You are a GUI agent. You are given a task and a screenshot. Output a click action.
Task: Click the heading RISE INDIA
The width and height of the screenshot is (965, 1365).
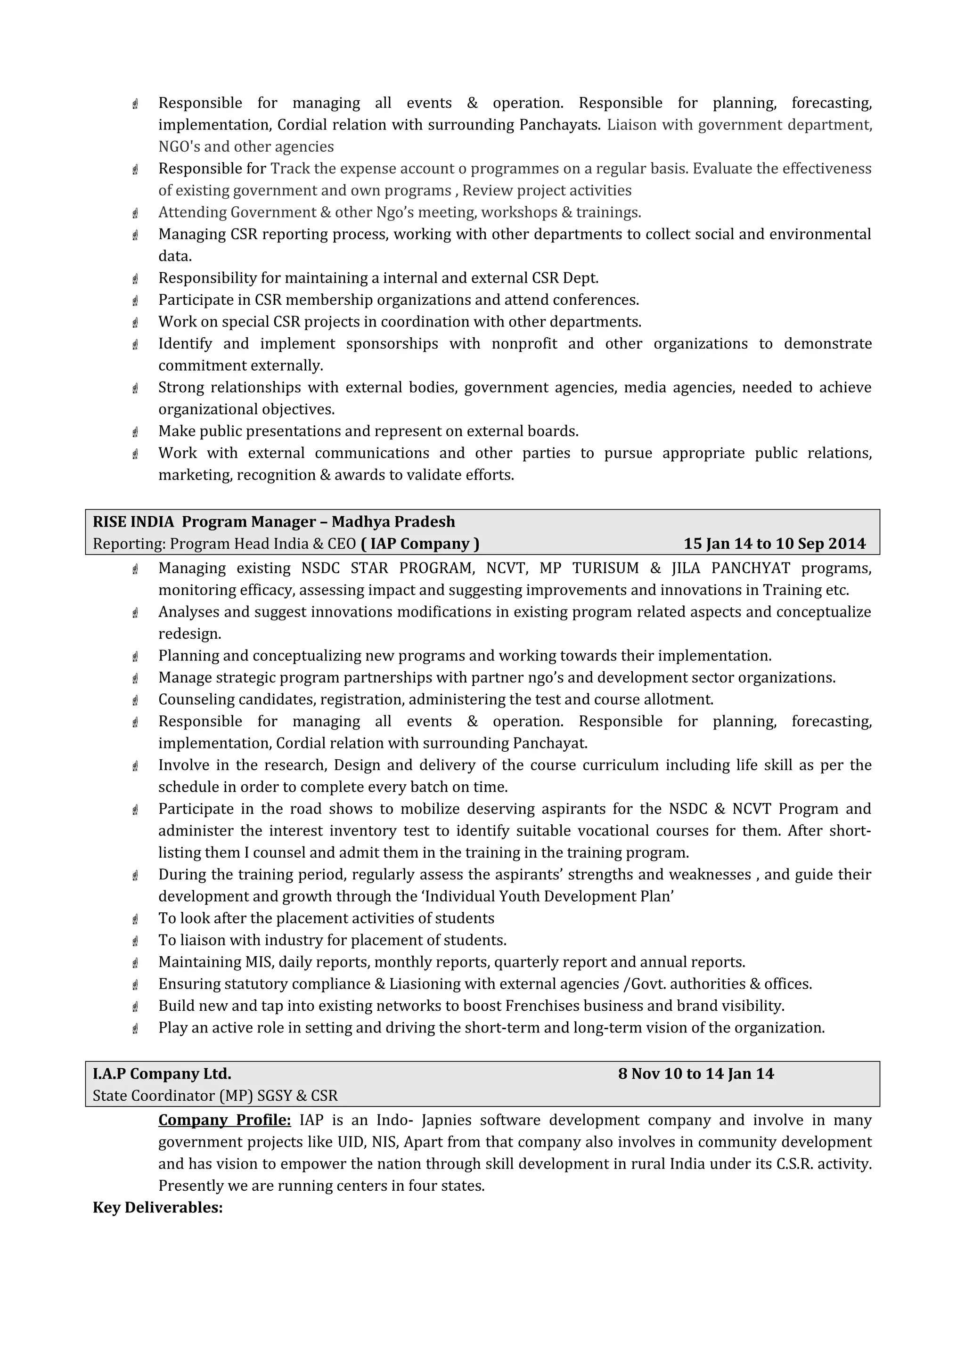coord(133,521)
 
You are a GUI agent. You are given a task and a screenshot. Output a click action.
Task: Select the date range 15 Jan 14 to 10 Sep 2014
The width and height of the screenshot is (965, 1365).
coord(774,544)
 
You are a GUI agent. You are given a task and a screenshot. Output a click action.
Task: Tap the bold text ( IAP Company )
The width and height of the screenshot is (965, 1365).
coord(420,544)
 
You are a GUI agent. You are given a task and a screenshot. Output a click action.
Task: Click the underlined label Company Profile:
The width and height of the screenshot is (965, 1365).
coord(224,1120)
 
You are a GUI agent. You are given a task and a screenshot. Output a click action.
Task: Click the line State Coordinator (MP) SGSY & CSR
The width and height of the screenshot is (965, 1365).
coord(215,1095)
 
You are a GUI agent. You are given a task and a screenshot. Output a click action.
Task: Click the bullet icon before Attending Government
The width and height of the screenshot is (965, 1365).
coord(136,212)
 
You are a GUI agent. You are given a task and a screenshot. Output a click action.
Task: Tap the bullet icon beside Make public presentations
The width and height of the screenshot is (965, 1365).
coord(136,431)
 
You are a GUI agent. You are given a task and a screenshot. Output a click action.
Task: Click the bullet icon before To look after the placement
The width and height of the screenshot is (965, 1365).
coord(136,918)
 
